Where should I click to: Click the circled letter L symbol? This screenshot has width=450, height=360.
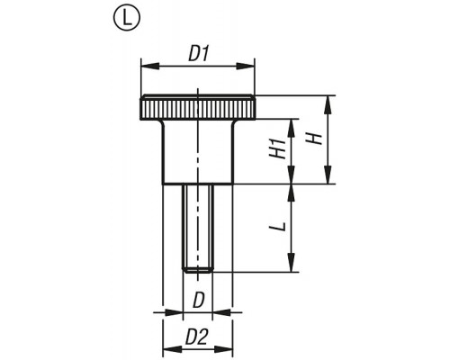pyautogui.click(x=127, y=17)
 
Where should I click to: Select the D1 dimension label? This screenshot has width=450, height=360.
pyautogui.click(x=199, y=55)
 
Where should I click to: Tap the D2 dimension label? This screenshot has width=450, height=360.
pyautogui.click(x=196, y=337)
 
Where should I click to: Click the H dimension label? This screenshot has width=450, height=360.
pyautogui.click(x=314, y=139)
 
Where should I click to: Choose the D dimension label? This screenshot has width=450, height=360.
pyautogui.click(x=198, y=301)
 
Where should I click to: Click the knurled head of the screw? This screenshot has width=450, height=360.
pyautogui.click(x=198, y=107)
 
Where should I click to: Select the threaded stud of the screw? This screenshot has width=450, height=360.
pyautogui.click(x=198, y=229)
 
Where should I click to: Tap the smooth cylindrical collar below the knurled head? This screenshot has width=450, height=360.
pyautogui.click(x=198, y=152)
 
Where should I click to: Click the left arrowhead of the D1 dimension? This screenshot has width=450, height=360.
pyautogui.click(x=150, y=67)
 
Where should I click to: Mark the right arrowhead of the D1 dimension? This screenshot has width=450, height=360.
pyautogui.click(x=246, y=67)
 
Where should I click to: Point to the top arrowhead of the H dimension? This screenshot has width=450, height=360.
pyautogui.click(x=328, y=104)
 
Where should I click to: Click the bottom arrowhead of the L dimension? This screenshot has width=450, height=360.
pyautogui.click(x=291, y=263)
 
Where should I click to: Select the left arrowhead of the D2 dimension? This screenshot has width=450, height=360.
pyautogui.click(x=172, y=349)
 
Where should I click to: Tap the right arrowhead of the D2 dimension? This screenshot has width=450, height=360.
pyautogui.click(x=224, y=349)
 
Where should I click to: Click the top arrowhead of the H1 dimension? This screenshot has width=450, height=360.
pyautogui.click(x=291, y=128)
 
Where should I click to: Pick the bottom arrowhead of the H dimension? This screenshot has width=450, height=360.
pyautogui.click(x=328, y=175)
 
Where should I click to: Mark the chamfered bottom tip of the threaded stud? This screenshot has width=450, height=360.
pyautogui.click(x=198, y=271)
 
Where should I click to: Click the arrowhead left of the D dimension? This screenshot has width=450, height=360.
pyautogui.click(x=173, y=312)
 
